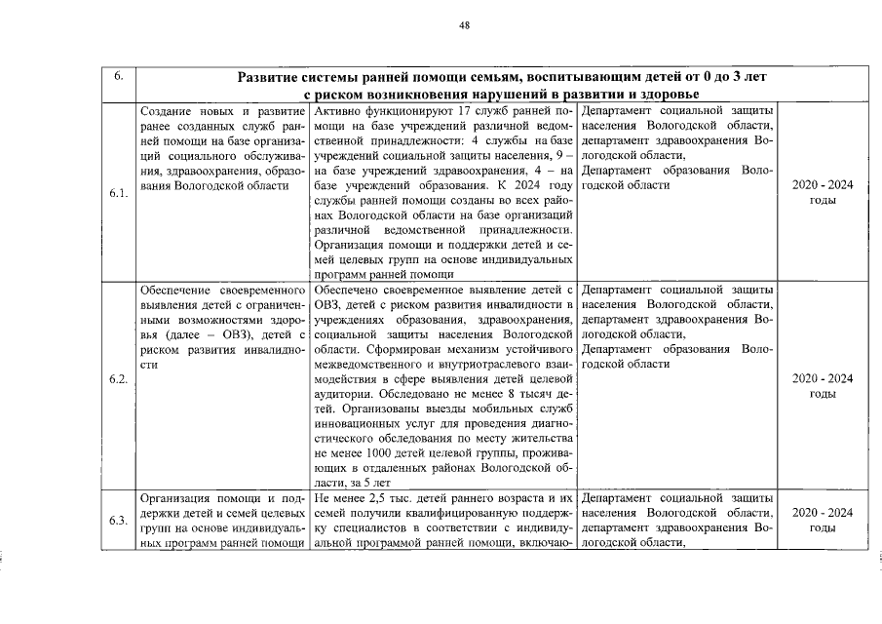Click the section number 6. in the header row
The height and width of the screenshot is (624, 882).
click(117, 77)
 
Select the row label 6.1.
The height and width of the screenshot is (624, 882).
click(117, 191)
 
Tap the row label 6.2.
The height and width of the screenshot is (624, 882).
click(117, 379)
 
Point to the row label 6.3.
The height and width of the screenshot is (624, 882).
click(117, 520)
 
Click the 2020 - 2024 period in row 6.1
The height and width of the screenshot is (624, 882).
click(823, 192)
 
